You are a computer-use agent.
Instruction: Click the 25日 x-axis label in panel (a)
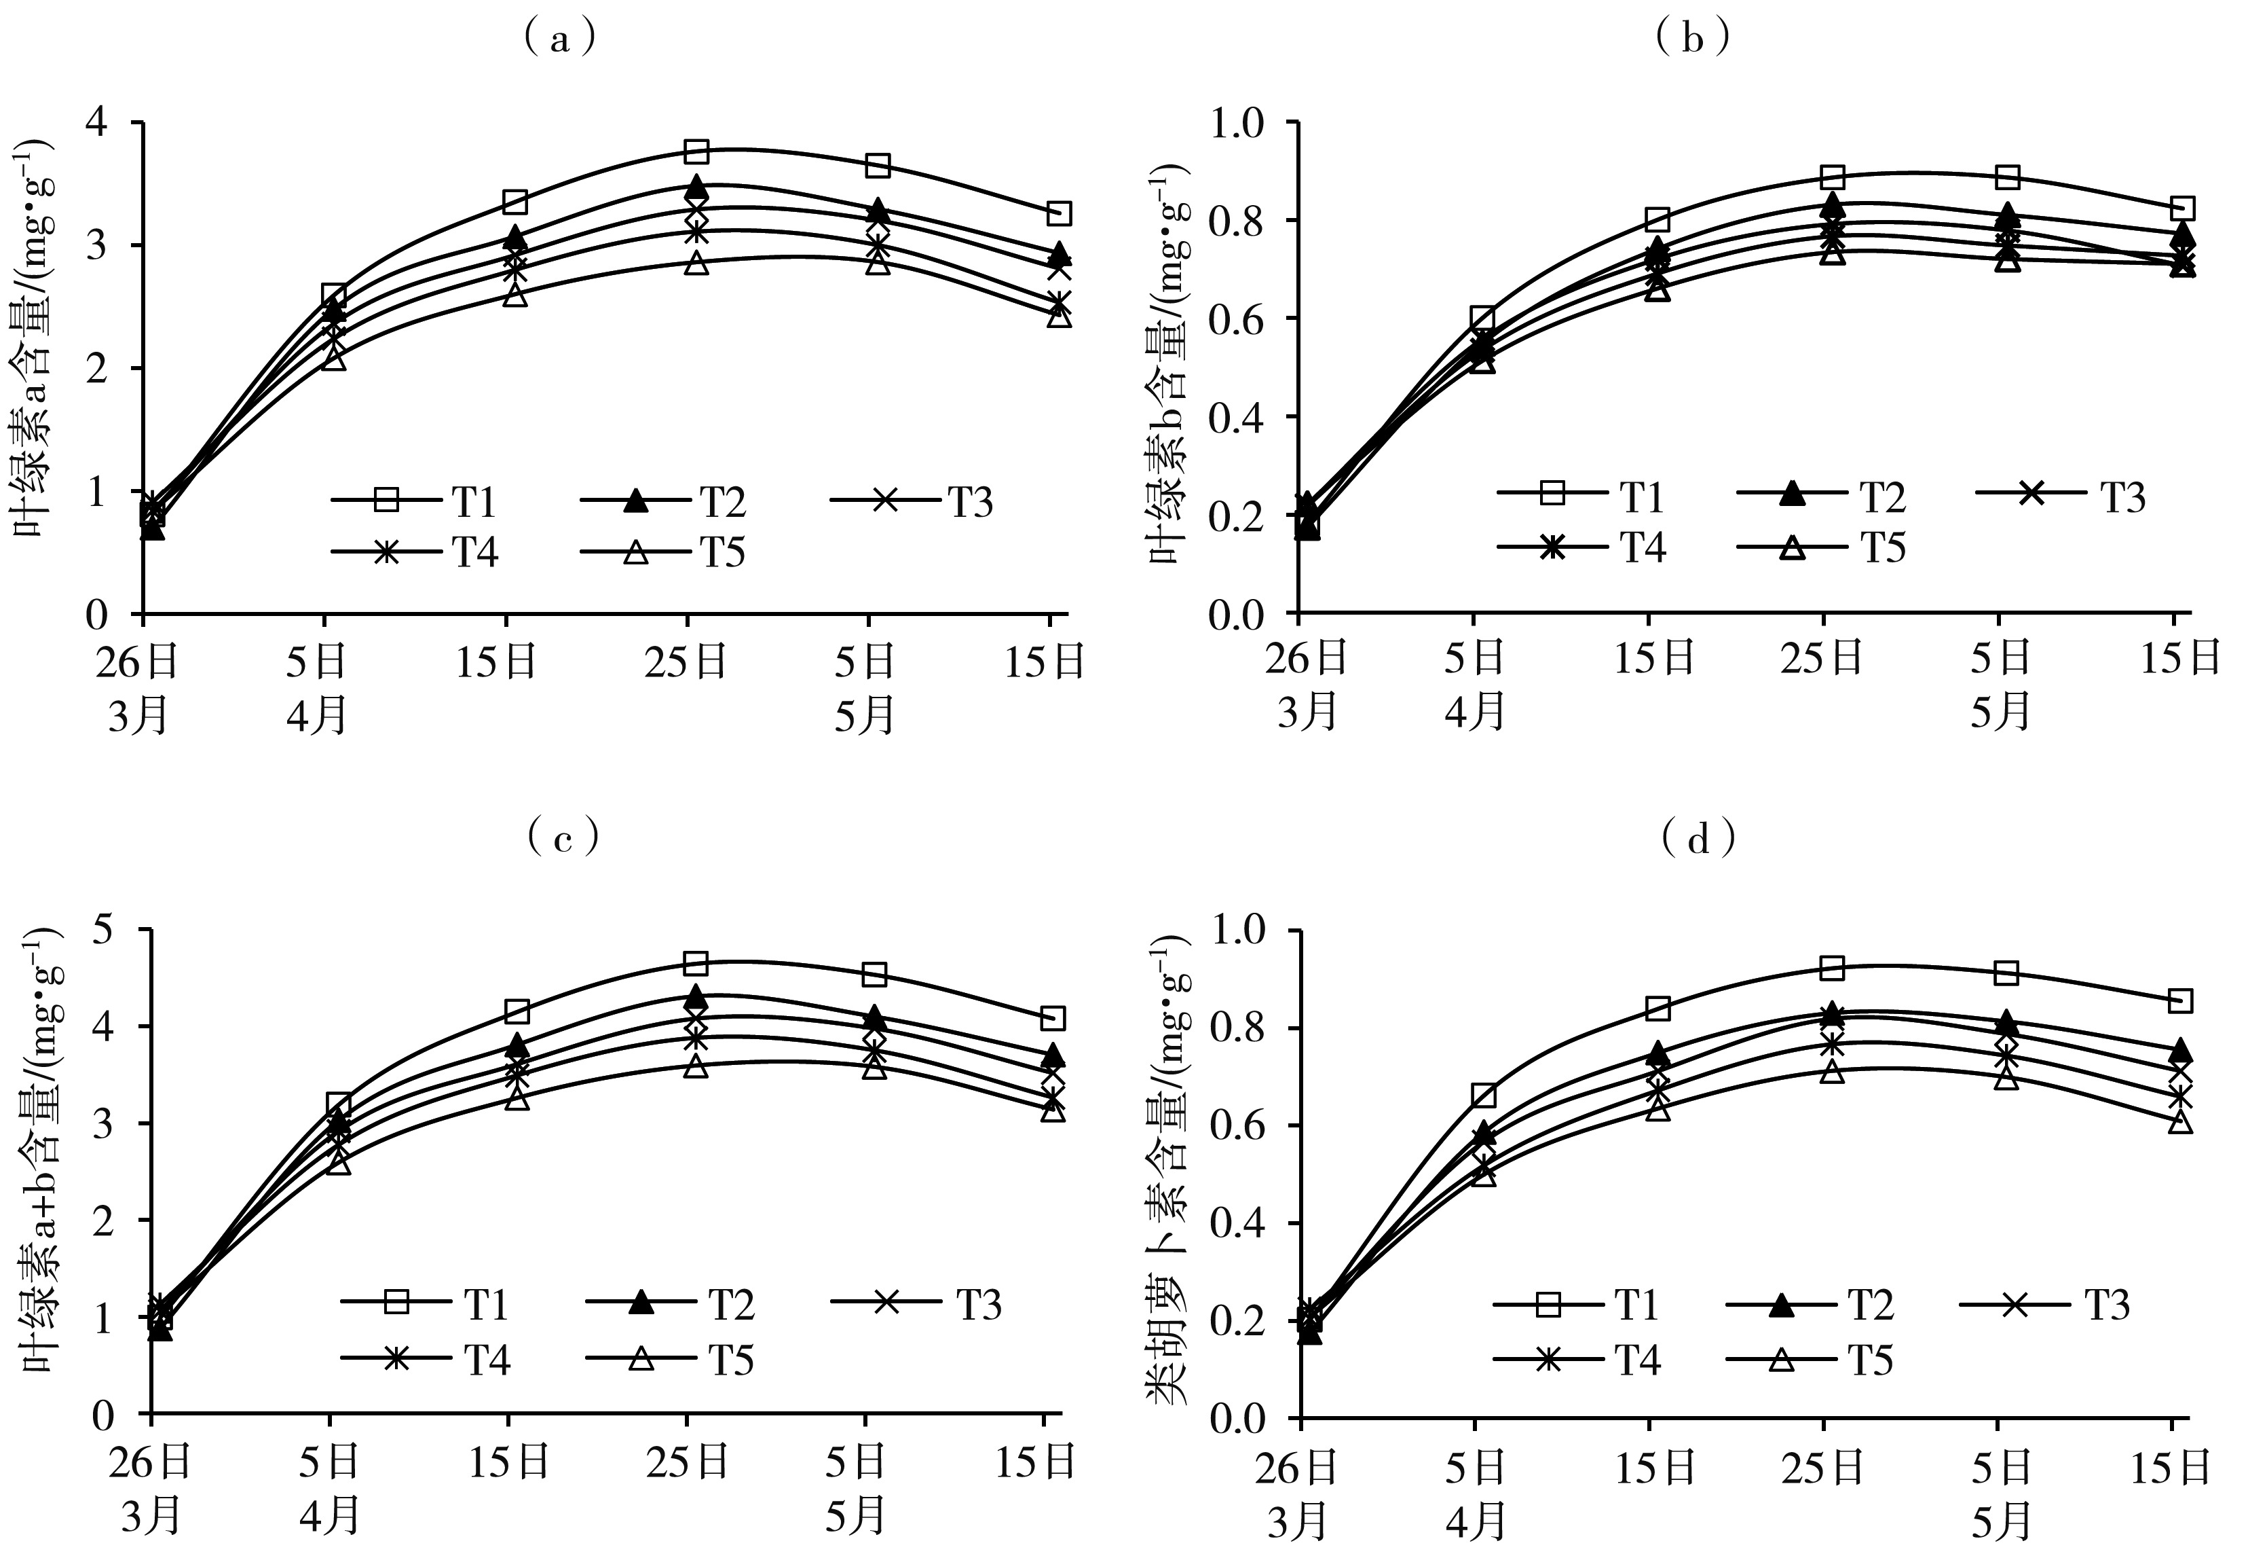pyautogui.click(x=685, y=663)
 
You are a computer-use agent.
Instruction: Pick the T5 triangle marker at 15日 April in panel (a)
pyautogui.click(x=515, y=295)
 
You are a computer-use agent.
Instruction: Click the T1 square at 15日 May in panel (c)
pyautogui.click(x=1052, y=1019)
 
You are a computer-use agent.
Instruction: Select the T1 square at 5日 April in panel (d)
pyautogui.click(x=1483, y=1096)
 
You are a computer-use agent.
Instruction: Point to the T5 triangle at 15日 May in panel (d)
pyautogui.click(x=2181, y=1122)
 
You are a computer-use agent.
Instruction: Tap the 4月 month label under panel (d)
pyautogui.click(x=1476, y=1519)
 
